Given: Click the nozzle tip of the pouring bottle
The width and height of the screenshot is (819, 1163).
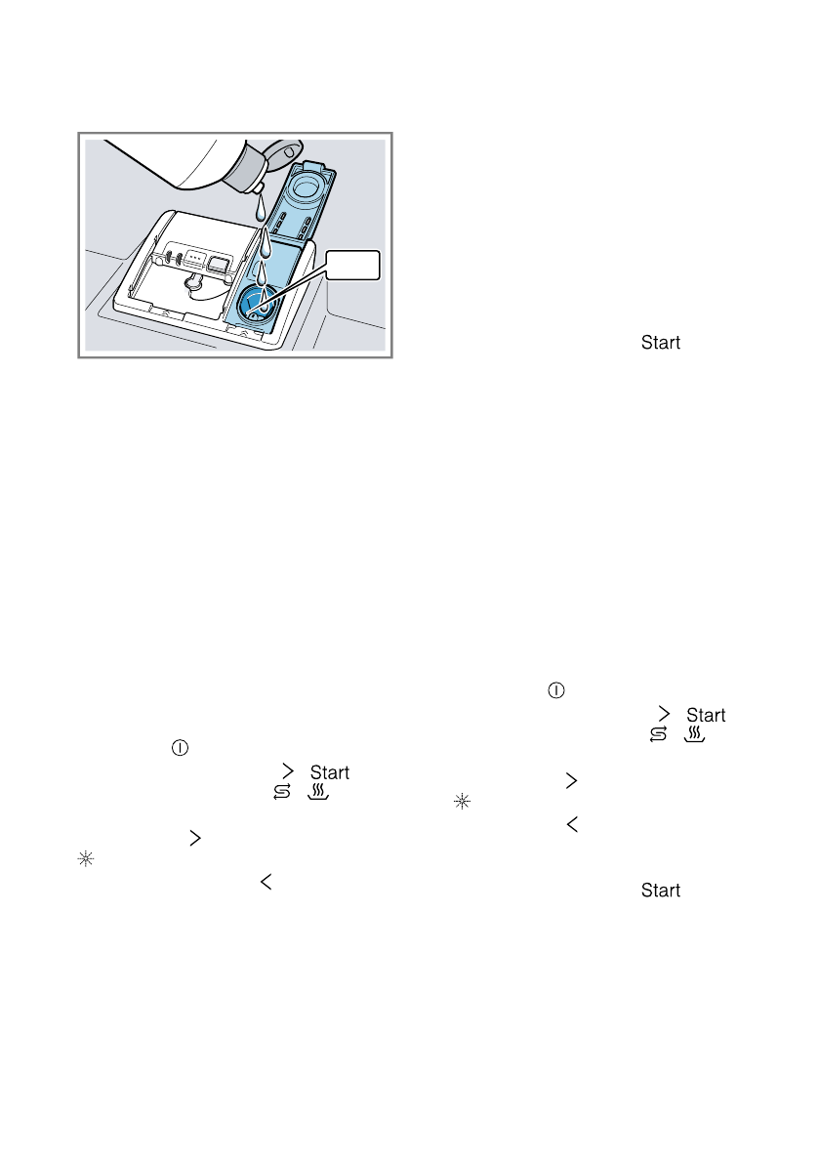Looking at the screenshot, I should (259, 187).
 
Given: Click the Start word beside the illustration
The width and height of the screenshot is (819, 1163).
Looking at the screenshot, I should (661, 343).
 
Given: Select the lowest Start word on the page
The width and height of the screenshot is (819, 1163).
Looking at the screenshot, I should (661, 891).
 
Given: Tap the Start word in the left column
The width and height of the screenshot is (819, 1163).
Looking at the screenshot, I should (329, 773).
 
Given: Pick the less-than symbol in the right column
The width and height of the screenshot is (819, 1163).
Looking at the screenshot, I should (570, 824).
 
